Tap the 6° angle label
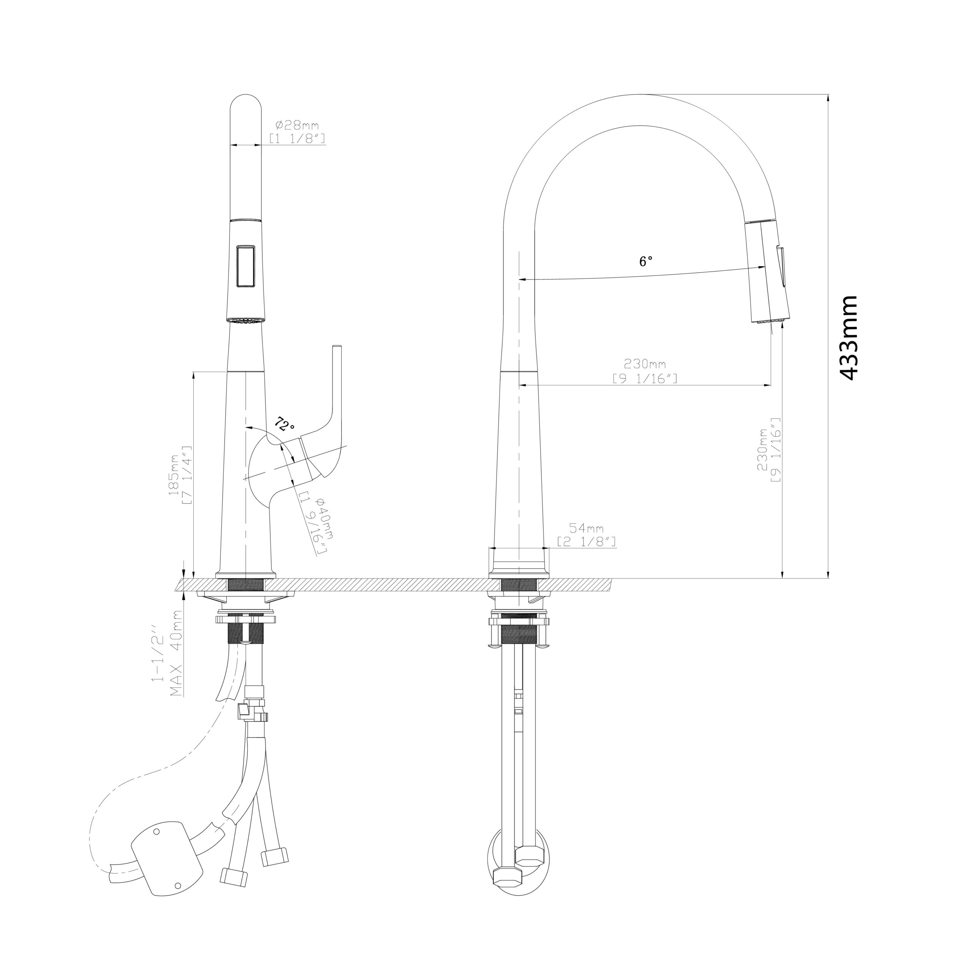(x=646, y=261)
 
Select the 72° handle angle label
(x=284, y=425)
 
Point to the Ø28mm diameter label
(x=297, y=125)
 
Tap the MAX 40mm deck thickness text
(x=176, y=654)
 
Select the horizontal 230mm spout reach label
(x=645, y=363)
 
